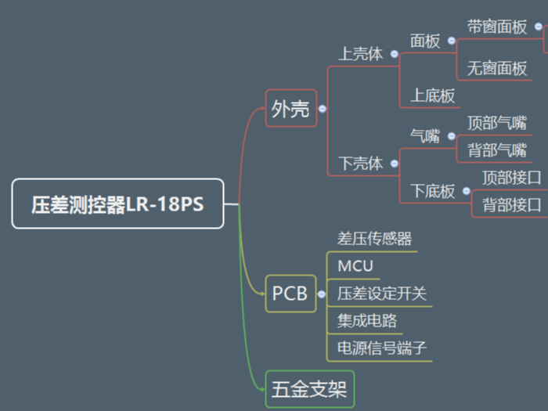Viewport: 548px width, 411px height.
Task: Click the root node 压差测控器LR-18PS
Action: pyautogui.click(x=117, y=204)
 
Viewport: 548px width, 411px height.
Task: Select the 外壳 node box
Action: pyautogui.click(x=290, y=110)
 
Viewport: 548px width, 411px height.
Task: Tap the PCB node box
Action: pyautogui.click(x=290, y=294)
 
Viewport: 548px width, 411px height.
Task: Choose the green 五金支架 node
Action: pyautogui.click(x=309, y=388)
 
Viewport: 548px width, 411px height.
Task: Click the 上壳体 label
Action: pyautogui.click(x=360, y=54)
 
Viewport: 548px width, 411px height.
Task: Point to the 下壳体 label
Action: pyautogui.click(x=360, y=164)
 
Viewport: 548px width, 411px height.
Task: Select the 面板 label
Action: pyautogui.click(x=425, y=41)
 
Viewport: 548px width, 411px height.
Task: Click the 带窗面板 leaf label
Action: pyautogui.click(x=497, y=27)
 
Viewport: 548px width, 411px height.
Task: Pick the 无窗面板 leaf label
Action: pyautogui.click(x=497, y=69)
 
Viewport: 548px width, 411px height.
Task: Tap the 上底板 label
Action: pyautogui.click(x=432, y=96)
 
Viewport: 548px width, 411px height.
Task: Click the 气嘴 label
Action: pyautogui.click(x=425, y=135)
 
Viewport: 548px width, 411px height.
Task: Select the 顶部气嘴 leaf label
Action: pyautogui.click(x=496, y=123)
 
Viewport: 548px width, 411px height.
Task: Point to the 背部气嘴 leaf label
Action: pyautogui.click(x=496, y=150)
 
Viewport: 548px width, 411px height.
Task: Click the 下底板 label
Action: pyautogui.click(x=433, y=191)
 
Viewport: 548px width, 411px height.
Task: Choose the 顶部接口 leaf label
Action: pyautogui.click(x=511, y=178)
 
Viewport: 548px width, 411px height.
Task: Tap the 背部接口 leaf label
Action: pyautogui.click(x=511, y=205)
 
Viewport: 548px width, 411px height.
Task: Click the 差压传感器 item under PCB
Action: pyautogui.click(x=374, y=239)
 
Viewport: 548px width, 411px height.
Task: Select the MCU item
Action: pyautogui.click(x=355, y=265)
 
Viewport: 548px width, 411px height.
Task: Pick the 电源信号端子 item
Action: pyautogui.click(x=382, y=348)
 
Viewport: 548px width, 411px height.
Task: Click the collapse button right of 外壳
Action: pyautogui.click(x=322, y=110)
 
